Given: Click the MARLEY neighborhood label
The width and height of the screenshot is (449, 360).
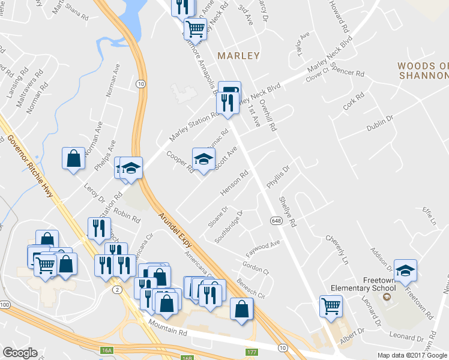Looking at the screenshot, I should pyautogui.click(x=238, y=56).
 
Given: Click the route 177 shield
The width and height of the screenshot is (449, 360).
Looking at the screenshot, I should pyautogui.click(x=252, y=351).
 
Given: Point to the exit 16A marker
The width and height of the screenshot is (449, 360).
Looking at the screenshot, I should pyautogui.click(x=107, y=349).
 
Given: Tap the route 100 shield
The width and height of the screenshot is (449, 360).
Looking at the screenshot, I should pyautogui.click(x=5, y=305).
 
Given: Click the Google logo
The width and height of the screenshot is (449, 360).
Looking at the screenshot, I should pyautogui.click(x=20, y=353).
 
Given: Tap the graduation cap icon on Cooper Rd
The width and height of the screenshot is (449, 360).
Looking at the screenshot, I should pyautogui.click(x=203, y=159).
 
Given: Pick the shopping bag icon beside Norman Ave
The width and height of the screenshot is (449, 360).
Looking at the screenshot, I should pyautogui.click(x=73, y=158).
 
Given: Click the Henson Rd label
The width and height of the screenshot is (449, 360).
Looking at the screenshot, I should pyautogui.click(x=235, y=184).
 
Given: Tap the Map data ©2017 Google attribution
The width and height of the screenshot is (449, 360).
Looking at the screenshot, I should pyautogui.click(x=412, y=355).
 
